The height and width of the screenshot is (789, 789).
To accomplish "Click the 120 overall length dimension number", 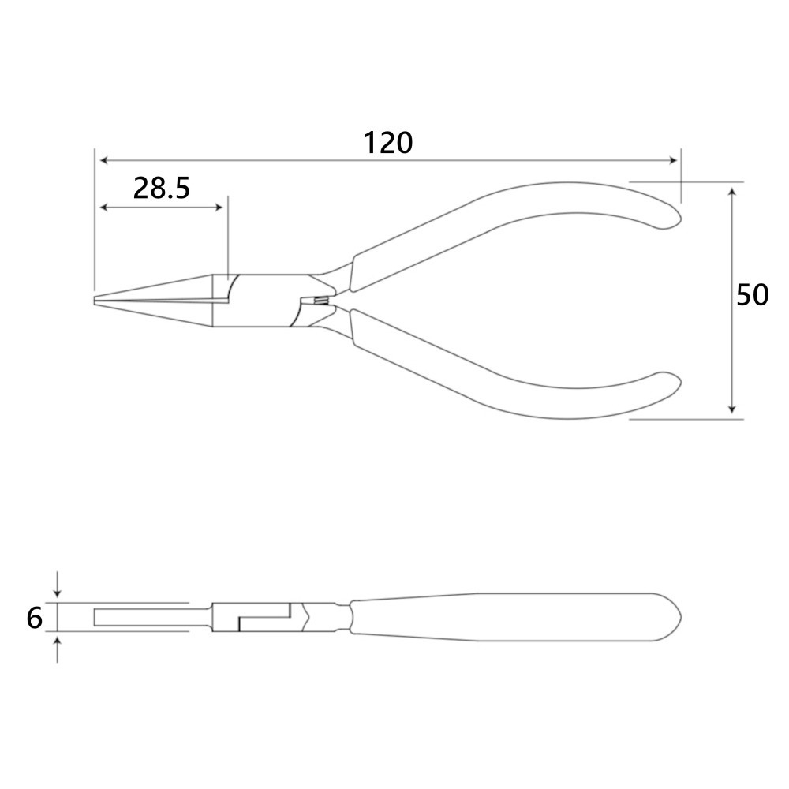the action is point(387,143).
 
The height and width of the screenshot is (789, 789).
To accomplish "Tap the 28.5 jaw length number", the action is point(162,189).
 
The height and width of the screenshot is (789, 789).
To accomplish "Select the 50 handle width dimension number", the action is point(752,295).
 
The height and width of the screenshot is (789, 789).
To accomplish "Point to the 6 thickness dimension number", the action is point(34,618).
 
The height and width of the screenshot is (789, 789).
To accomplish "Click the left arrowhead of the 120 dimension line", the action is point(104,160).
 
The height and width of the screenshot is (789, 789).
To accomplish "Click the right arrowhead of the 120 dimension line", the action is point(673,160).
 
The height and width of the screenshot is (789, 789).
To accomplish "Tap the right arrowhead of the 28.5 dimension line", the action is point(219,207).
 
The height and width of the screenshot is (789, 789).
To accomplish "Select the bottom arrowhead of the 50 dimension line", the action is point(733,409).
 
